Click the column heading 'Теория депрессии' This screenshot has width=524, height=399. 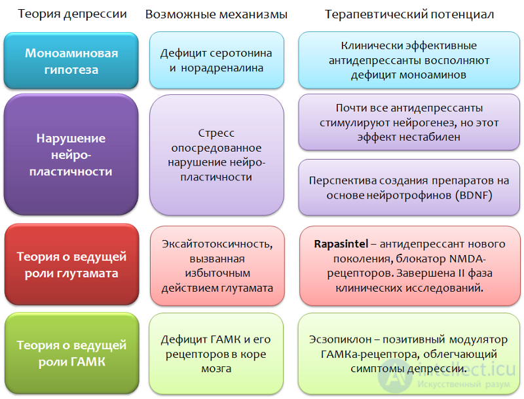tap(72, 14)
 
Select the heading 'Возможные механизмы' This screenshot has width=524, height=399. tap(216, 14)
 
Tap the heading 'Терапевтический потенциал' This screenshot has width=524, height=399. tap(409, 14)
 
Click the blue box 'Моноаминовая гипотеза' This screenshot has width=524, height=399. tap(71, 61)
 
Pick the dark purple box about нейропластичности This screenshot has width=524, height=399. tap(71, 154)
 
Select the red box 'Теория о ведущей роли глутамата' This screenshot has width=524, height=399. tap(72, 264)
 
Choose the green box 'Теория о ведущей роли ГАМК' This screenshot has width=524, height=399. tap(72, 353)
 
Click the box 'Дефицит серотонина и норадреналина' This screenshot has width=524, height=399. tap(217, 60)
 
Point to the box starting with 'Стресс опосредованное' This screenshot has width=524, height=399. tap(217, 155)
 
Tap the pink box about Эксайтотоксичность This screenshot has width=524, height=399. tap(217, 266)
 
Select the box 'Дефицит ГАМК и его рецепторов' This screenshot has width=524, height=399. tap(216, 354)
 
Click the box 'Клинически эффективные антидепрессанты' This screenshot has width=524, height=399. tap(409, 60)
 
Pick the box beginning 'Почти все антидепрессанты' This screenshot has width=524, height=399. tap(409, 122)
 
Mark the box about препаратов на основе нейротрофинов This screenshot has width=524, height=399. tap(409, 188)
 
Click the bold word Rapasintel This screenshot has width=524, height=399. tap(341, 244)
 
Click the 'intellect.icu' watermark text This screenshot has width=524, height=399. tap(467, 370)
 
